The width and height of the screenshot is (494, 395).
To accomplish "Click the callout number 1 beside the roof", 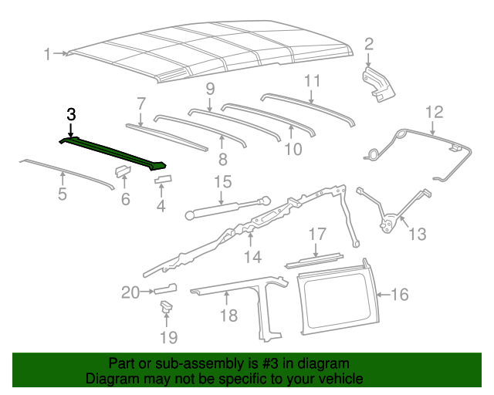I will click(x=48, y=54).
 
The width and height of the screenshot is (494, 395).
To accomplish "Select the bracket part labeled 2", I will click(x=377, y=82).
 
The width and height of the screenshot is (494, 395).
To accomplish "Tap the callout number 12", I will click(x=433, y=111).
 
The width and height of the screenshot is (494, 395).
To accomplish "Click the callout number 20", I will click(x=130, y=292).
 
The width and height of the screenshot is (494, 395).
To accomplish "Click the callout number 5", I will click(x=63, y=194).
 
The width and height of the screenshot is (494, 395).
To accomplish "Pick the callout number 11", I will click(x=312, y=80).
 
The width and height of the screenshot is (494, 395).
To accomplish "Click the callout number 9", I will click(x=209, y=89).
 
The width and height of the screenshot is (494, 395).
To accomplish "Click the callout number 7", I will click(x=141, y=103).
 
